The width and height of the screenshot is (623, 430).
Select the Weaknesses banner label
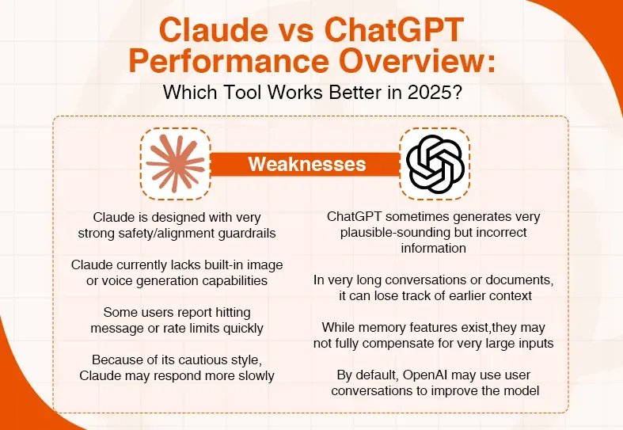pos(307,164)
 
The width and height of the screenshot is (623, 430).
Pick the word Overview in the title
pos(422,63)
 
